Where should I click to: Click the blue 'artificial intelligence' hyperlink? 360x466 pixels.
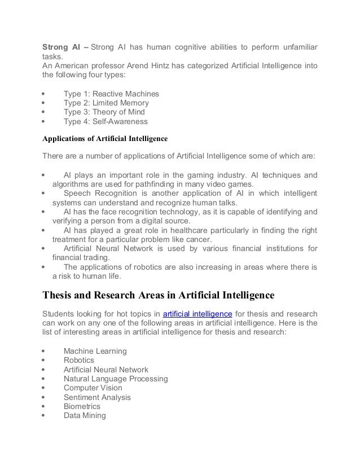pos(197,314)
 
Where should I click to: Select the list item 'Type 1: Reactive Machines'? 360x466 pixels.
pos(111,94)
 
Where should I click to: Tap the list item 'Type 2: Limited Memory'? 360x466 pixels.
pos(106,103)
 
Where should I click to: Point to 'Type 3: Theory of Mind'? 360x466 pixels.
pos(105,112)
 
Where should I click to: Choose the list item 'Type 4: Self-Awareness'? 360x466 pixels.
pos(106,121)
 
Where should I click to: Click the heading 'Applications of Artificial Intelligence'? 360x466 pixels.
pos(106,137)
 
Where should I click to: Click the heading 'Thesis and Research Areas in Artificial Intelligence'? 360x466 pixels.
pos(159,294)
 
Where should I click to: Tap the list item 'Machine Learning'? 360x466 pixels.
pos(95,351)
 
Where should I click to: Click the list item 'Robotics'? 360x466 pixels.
pos(78,360)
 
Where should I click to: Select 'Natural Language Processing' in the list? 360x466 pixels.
pos(116,379)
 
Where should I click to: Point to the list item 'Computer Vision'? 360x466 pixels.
pos(93,388)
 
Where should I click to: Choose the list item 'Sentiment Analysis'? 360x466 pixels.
pos(97,397)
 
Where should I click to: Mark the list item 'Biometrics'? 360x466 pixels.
pos(82,406)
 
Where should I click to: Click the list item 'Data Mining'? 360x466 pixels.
pos(84,416)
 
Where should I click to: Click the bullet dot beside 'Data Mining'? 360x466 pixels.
pos(44,416)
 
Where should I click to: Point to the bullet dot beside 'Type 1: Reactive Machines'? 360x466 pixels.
pos(44,94)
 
